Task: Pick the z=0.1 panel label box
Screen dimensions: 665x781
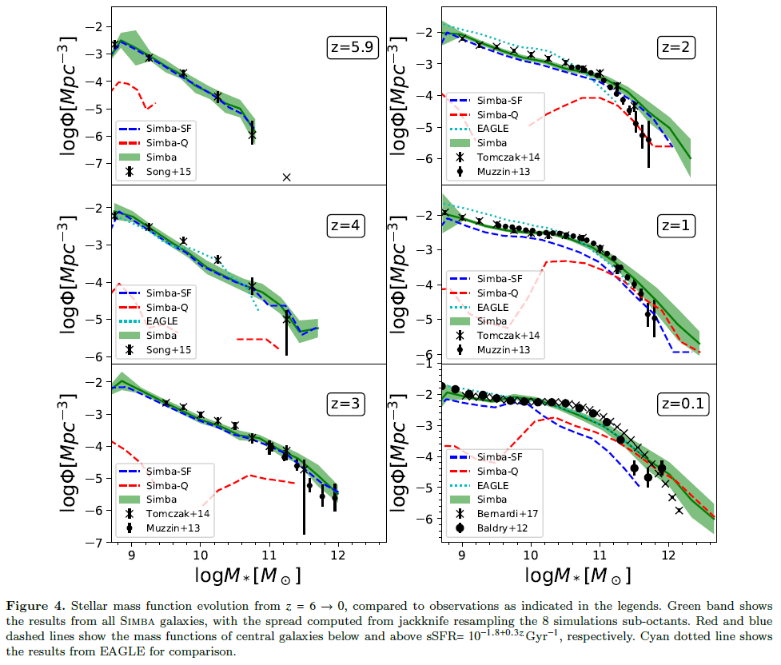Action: click(x=682, y=404)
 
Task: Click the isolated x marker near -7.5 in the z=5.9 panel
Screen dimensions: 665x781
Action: click(x=287, y=177)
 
